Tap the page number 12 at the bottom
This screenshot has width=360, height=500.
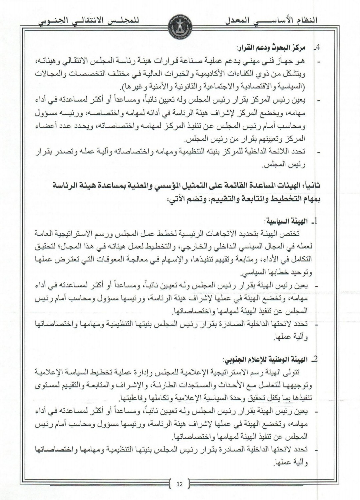[x=180, y=484]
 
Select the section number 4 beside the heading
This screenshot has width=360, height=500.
[x=317, y=48]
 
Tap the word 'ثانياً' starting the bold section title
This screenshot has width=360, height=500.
[x=312, y=186]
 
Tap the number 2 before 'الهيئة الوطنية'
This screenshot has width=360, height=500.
[x=314, y=360]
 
